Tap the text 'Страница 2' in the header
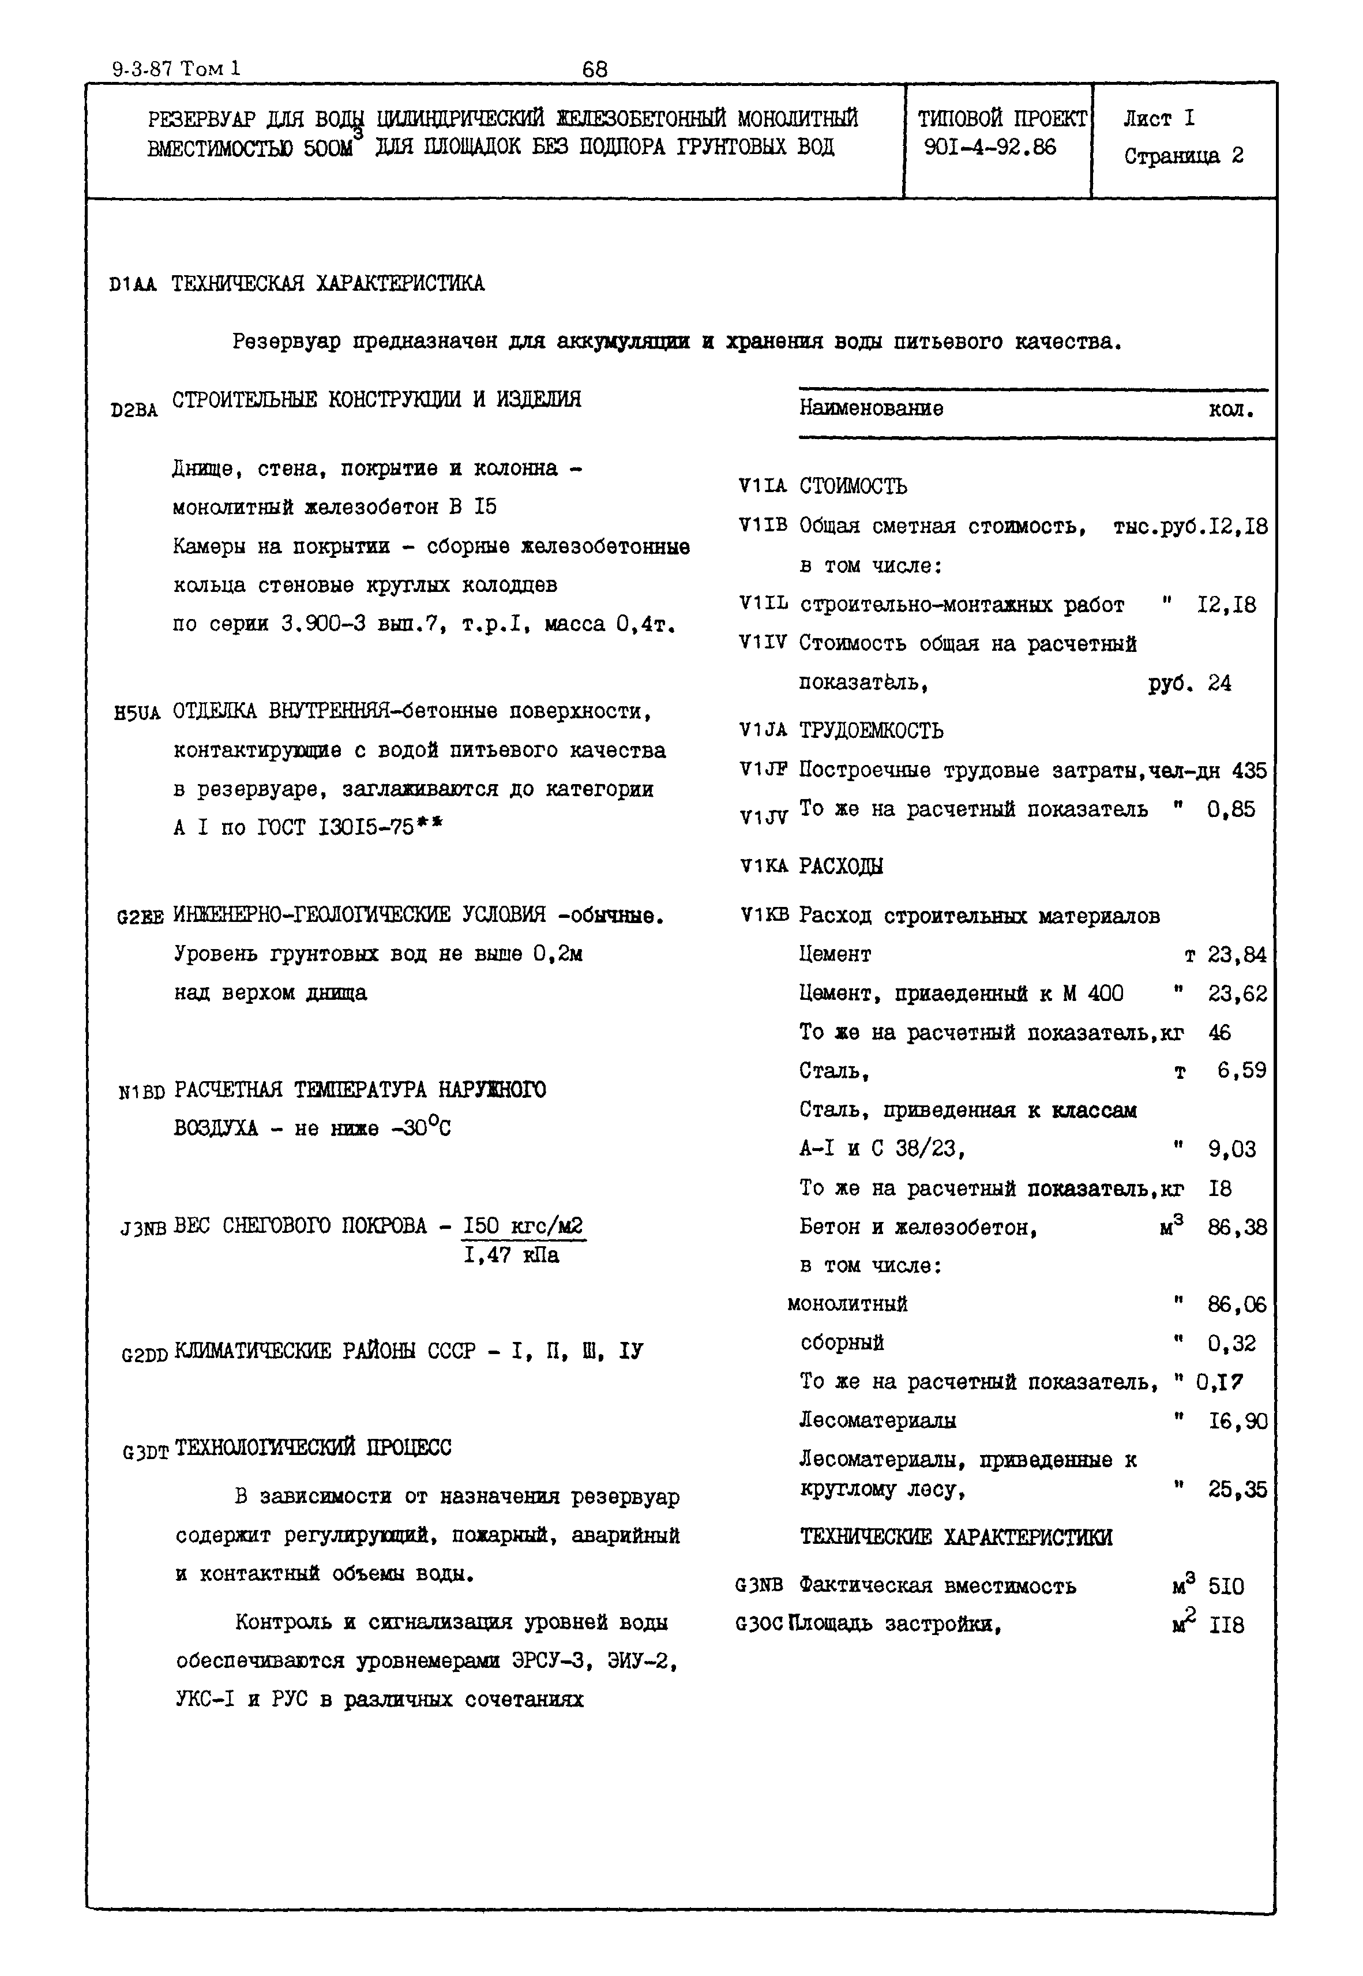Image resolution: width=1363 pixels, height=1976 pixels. pos(1184,156)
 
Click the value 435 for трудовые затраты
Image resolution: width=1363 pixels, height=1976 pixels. pos(1249,771)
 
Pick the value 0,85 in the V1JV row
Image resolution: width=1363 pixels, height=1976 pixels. pos(1231,809)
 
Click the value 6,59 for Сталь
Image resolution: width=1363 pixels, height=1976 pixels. pos(1241,1071)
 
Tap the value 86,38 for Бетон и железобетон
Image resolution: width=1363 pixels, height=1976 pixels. pos(1237,1228)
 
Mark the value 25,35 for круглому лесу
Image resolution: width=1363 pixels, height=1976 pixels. pos(1237,1489)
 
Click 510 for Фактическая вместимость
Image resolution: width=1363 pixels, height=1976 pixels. pos(1226,1587)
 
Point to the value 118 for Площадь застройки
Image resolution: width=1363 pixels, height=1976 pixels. pos(1226,1626)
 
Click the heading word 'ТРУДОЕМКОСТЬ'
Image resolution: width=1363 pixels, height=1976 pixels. pos(871,731)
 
